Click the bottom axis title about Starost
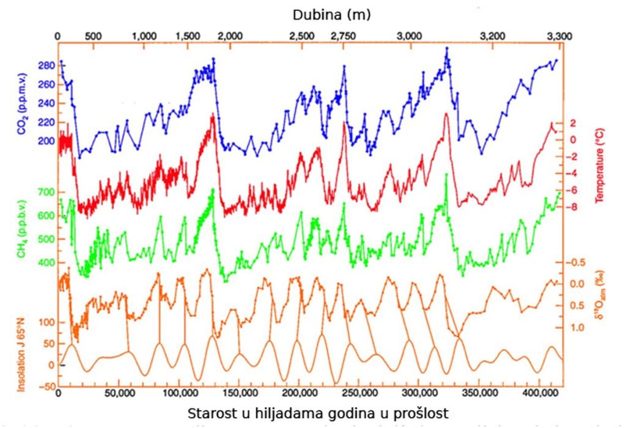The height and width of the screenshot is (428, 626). (319, 413)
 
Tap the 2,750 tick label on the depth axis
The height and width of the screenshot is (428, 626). (343, 36)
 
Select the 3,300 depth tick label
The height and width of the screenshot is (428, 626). (558, 36)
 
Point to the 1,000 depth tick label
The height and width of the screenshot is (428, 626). (144, 36)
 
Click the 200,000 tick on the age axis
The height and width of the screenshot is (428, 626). (299, 394)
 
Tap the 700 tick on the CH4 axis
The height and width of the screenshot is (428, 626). (47, 192)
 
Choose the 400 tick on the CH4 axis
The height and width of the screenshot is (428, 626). (47, 263)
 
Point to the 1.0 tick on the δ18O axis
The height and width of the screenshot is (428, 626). (577, 328)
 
